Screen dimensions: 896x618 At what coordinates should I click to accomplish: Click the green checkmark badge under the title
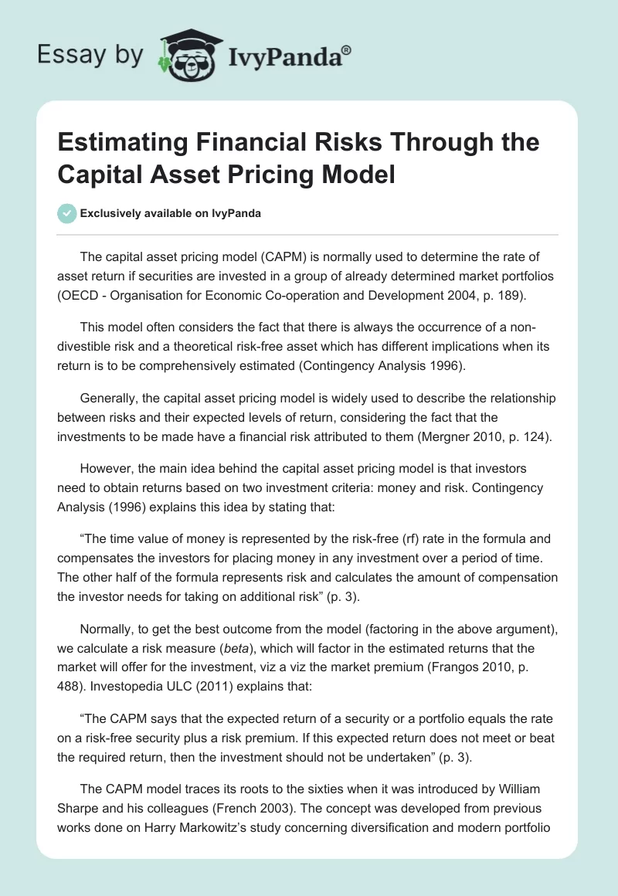click(x=67, y=213)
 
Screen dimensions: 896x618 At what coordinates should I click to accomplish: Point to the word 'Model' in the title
click(x=359, y=174)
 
